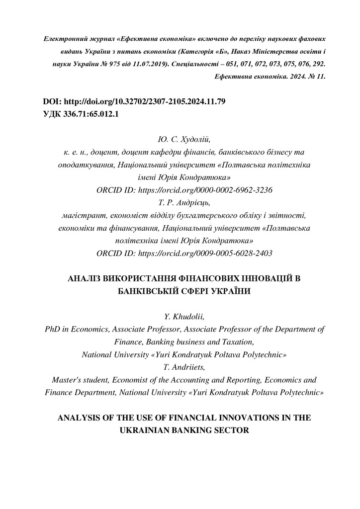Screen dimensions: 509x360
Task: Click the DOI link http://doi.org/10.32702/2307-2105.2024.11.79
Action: coord(145,101)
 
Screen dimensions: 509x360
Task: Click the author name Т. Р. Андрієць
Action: coord(180,202)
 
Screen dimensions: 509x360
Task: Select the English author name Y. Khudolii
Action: coord(180,317)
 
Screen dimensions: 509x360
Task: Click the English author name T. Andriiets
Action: coord(180,367)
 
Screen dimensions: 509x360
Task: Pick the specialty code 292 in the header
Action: coord(318,65)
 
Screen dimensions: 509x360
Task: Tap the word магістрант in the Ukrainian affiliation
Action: coord(78,215)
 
